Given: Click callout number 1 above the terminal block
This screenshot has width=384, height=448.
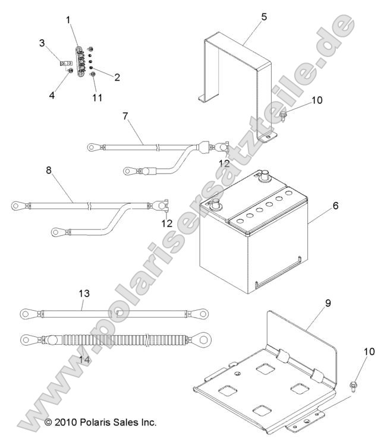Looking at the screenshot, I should [68, 20].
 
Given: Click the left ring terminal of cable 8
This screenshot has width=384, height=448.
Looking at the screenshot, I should [16, 206].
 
